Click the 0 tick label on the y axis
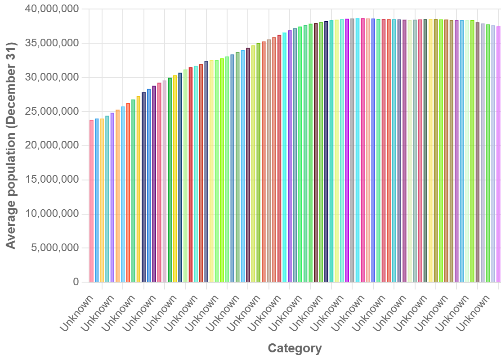tap(76, 282)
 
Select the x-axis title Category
tap(295, 348)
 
